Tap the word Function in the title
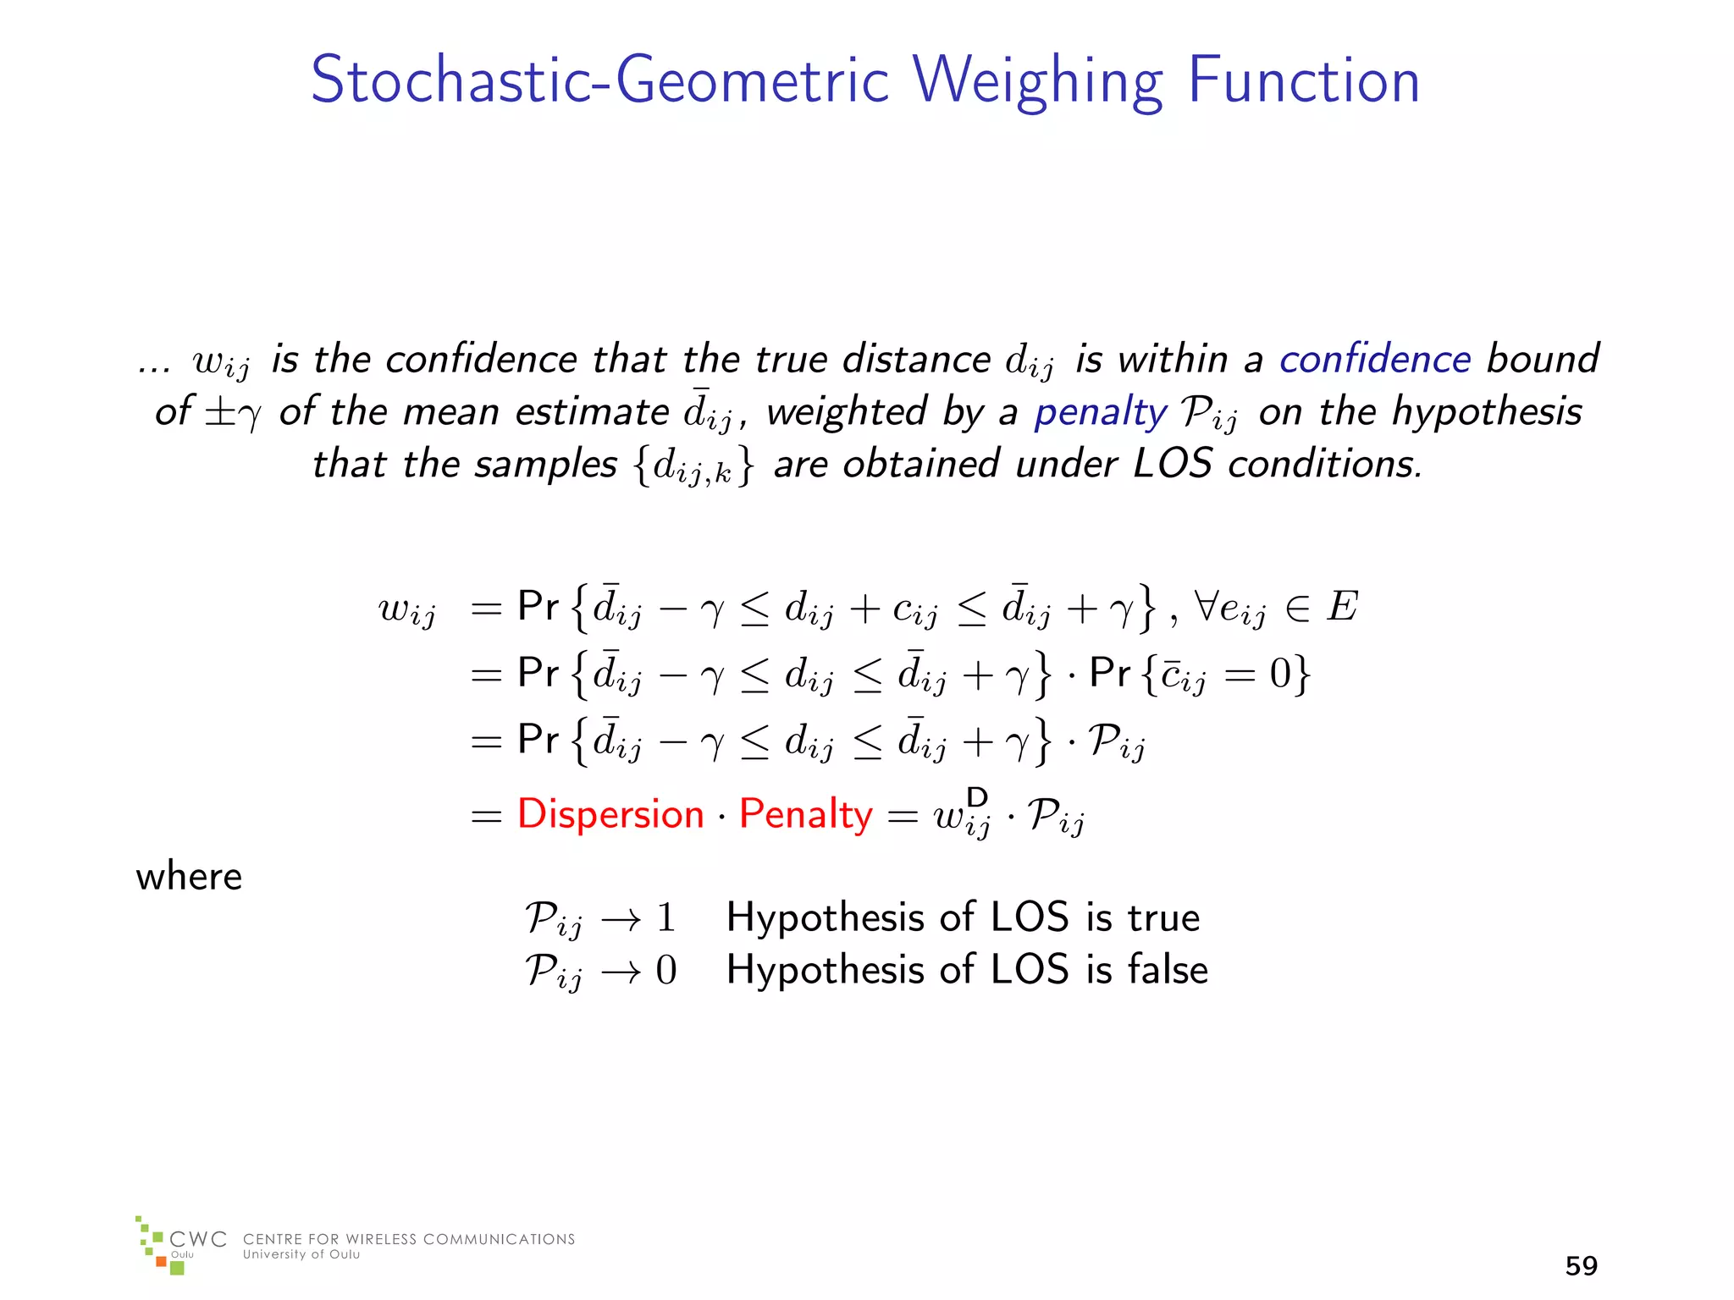coord(1303,80)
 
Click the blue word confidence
coord(1374,359)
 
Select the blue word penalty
coord(1100,412)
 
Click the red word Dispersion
coord(610,814)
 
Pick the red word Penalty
coord(805,814)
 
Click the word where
coord(189,877)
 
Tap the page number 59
coord(1581,1265)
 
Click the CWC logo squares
coord(159,1246)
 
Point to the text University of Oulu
coord(301,1254)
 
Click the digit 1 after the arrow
coord(665,918)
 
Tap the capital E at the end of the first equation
coord(1342,607)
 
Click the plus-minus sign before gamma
coord(219,412)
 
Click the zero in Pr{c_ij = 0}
coord(1279,675)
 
